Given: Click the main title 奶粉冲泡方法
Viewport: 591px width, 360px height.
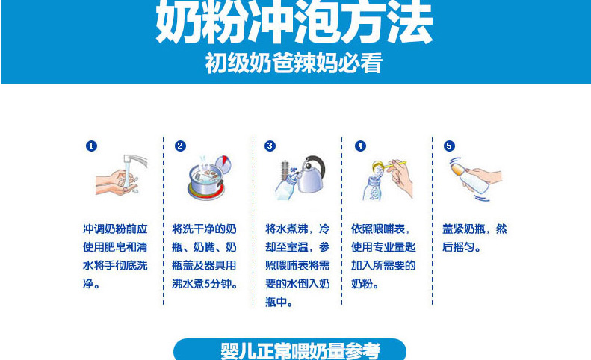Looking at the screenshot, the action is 294,22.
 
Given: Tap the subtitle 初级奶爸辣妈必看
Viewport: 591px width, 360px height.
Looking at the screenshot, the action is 294,63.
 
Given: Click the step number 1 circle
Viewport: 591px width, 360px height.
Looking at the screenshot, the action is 91,146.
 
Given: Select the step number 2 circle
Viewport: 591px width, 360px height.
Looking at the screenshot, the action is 180,146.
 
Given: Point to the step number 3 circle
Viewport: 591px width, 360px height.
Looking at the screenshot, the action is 270,146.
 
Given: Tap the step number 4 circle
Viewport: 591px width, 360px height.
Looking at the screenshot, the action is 360,146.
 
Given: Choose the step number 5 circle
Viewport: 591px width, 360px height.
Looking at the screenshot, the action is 449,146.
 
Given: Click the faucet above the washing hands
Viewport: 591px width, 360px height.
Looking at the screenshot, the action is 135,161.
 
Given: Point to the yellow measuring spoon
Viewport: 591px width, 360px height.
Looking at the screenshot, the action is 389,165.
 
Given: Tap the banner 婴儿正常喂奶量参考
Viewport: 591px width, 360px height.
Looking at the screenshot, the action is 289,350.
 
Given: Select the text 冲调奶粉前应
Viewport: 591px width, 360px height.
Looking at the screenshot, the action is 115,229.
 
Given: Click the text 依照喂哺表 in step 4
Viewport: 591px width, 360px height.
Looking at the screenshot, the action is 378,229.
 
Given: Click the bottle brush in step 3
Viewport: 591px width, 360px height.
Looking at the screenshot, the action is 285,170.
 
